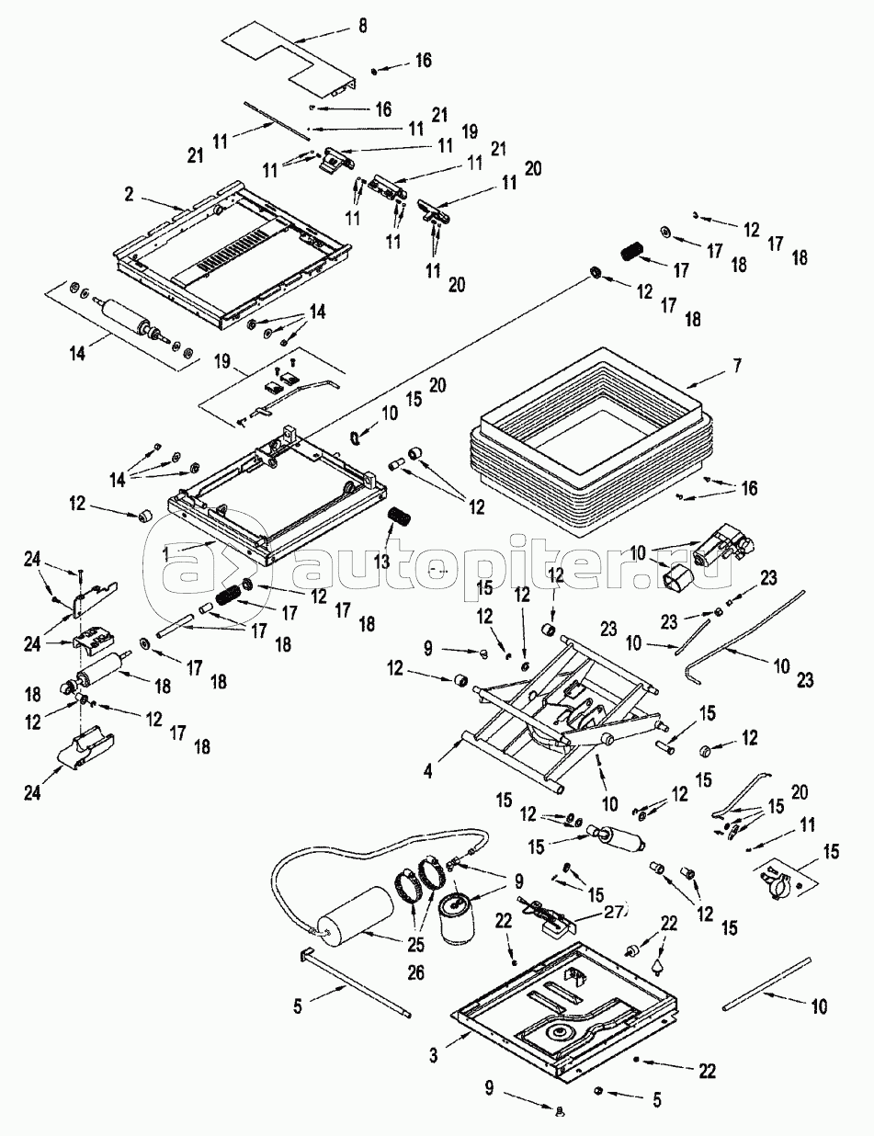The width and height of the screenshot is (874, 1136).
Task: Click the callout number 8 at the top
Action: tap(362, 26)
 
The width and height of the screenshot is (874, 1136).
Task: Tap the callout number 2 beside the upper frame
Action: tap(131, 194)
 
